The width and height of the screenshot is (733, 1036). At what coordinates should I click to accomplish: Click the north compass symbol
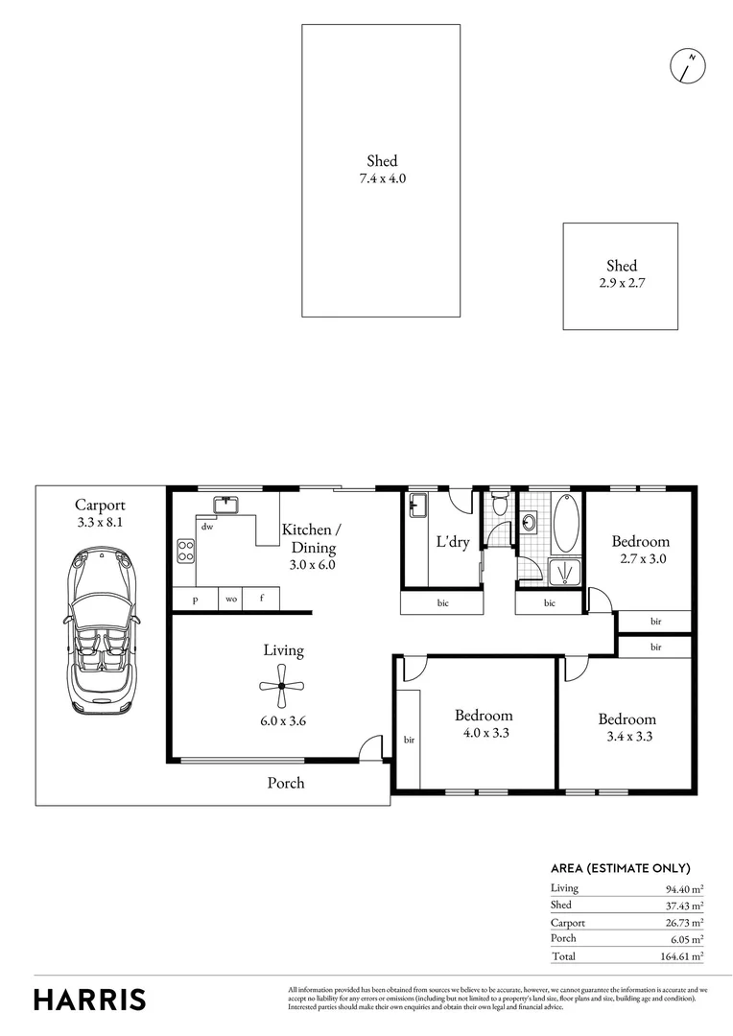pos(687,65)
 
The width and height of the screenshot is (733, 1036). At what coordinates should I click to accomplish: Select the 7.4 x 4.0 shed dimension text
pos(381,178)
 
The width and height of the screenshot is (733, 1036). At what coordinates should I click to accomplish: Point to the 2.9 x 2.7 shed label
pos(620,283)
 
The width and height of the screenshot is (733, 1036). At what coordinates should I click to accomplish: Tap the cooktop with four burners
pos(185,551)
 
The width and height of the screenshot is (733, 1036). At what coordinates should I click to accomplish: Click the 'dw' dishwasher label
pos(206,527)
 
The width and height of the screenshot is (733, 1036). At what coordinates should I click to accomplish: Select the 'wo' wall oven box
pos(231,599)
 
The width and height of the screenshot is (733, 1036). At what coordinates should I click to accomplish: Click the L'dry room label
pos(452,542)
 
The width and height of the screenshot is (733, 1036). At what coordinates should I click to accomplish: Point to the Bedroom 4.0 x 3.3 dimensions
pos(483,732)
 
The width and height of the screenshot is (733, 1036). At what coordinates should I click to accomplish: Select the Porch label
pos(285,783)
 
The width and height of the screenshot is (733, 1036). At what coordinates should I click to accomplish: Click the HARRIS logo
pos(90,999)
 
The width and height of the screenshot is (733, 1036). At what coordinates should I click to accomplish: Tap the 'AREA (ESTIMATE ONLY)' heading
pos(620,868)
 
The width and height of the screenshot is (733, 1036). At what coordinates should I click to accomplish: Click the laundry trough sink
pos(418,505)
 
